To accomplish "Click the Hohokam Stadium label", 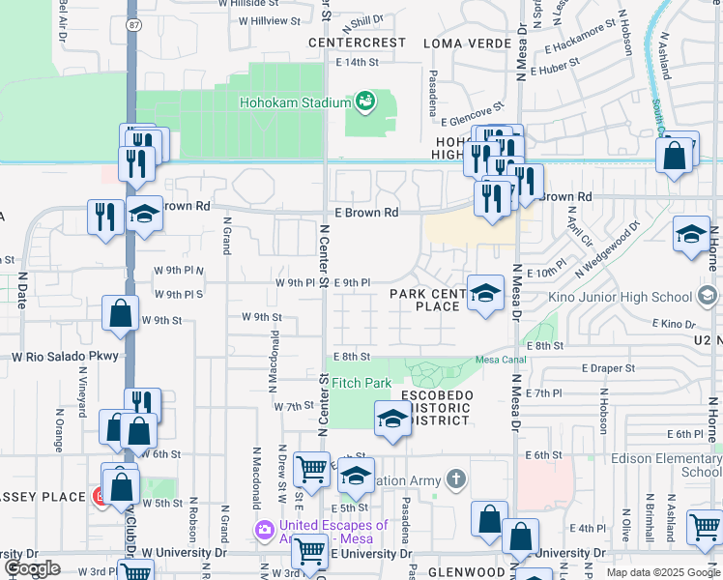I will pos(295,103).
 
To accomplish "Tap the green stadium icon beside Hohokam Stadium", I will pos(365,100).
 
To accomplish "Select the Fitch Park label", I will pos(361,384).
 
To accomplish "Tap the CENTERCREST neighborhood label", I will pos(357,43).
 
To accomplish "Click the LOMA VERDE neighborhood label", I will pos(463,43).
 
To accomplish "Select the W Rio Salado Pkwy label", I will pos(65,357).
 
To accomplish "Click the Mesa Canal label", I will pos(498,360).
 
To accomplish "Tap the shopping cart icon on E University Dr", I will pos(311,550).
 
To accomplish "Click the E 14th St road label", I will pos(358,62).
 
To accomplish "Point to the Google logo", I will pos(32,568).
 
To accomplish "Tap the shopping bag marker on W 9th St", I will pos(121,314).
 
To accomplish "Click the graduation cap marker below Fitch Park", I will pos(391,419).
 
